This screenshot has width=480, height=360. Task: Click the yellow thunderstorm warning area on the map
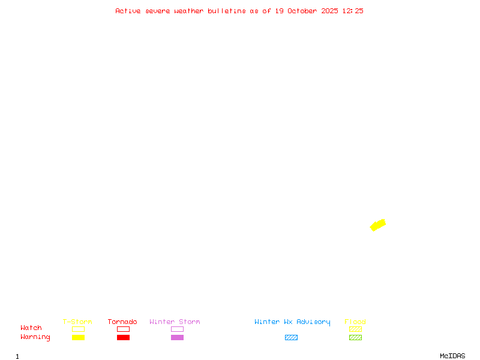377,225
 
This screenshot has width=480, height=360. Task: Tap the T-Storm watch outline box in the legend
78,329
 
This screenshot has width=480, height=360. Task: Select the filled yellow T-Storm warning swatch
78,337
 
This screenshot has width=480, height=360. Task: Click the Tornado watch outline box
123,329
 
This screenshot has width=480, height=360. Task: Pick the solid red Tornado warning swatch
123,337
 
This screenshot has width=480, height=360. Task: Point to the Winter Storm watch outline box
177,329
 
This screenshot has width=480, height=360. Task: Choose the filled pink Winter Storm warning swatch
177,337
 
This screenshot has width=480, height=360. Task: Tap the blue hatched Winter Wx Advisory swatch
291,337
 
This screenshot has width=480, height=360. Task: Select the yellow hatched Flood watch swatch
355,329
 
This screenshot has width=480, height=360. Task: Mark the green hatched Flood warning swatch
355,337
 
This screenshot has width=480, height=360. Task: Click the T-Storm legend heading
77,322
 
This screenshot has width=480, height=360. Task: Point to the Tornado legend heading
122,322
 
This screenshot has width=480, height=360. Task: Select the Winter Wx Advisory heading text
292,322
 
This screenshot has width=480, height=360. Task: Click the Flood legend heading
355,322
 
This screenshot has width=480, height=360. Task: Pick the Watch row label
31,328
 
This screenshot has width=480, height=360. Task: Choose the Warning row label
35,337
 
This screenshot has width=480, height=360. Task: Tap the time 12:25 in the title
353,11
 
